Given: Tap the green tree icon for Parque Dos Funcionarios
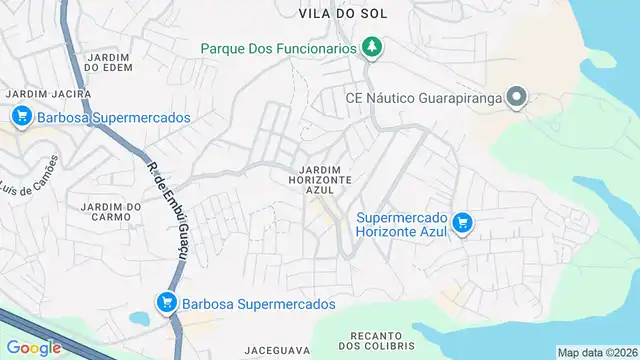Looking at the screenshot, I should [373, 46].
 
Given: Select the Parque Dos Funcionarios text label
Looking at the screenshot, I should [279, 47].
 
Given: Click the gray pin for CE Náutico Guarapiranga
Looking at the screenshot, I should [516, 97].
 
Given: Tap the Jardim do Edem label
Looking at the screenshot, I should [109, 61].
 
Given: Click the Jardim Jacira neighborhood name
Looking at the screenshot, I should [48, 93].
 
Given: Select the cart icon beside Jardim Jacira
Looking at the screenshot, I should [21, 117].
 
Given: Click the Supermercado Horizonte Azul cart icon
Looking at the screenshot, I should [461, 223].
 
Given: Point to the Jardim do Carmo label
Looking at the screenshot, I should [100, 211].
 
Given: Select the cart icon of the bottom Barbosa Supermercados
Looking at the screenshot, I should [166, 302].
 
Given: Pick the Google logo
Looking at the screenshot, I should [34, 347].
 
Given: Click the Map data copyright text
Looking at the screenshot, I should [597, 352].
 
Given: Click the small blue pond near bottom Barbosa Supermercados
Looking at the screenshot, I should [140, 319].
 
